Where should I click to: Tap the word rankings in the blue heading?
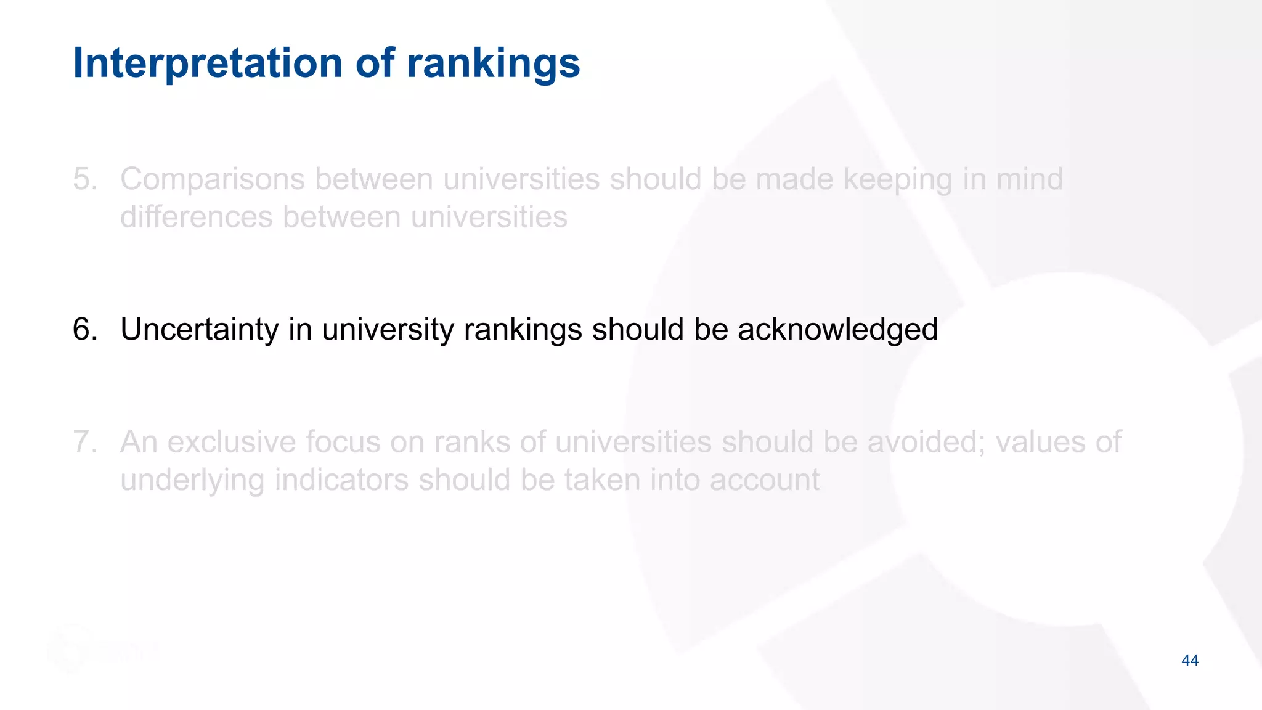pos(493,63)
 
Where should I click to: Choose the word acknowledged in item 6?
pos(837,329)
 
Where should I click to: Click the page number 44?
pos(1190,661)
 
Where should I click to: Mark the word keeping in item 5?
pos(897,179)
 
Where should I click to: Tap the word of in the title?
pos(375,63)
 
